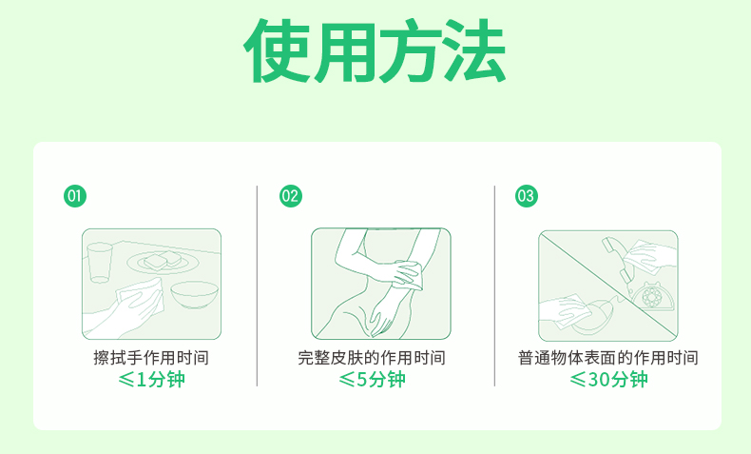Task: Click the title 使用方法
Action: click(x=375, y=50)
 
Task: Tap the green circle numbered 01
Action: click(x=75, y=196)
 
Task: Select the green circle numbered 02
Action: click(x=291, y=196)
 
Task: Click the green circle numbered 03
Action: click(x=527, y=196)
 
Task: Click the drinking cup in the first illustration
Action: click(x=100, y=263)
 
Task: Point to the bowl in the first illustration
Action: click(x=195, y=294)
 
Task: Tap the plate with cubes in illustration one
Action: click(x=164, y=262)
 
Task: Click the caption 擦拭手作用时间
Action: click(x=151, y=358)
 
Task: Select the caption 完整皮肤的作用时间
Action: click(x=372, y=358)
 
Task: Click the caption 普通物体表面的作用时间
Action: click(x=608, y=358)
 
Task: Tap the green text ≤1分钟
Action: click(x=151, y=379)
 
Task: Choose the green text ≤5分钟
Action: click(x=372, y=379)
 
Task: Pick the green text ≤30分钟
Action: click(x=608, y=379)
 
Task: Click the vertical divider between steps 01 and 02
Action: click(x=258, y=286)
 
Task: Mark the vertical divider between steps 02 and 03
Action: click(x=494, y=286)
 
